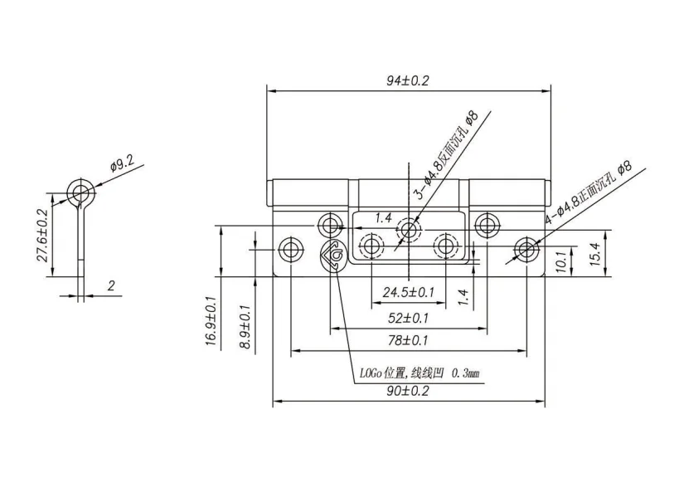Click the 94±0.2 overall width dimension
coord(408,80)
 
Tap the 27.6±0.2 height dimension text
coord(43,236)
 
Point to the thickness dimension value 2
coord(110,285)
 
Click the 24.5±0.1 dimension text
coord(408,292)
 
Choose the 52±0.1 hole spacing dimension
coord(408,318)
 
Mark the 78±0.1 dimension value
coord(408,340)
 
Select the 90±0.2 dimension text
coord(408,391)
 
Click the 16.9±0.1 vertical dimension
coord(211,323)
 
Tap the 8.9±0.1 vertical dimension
coord(245,327)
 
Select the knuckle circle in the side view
coord(81,192)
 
